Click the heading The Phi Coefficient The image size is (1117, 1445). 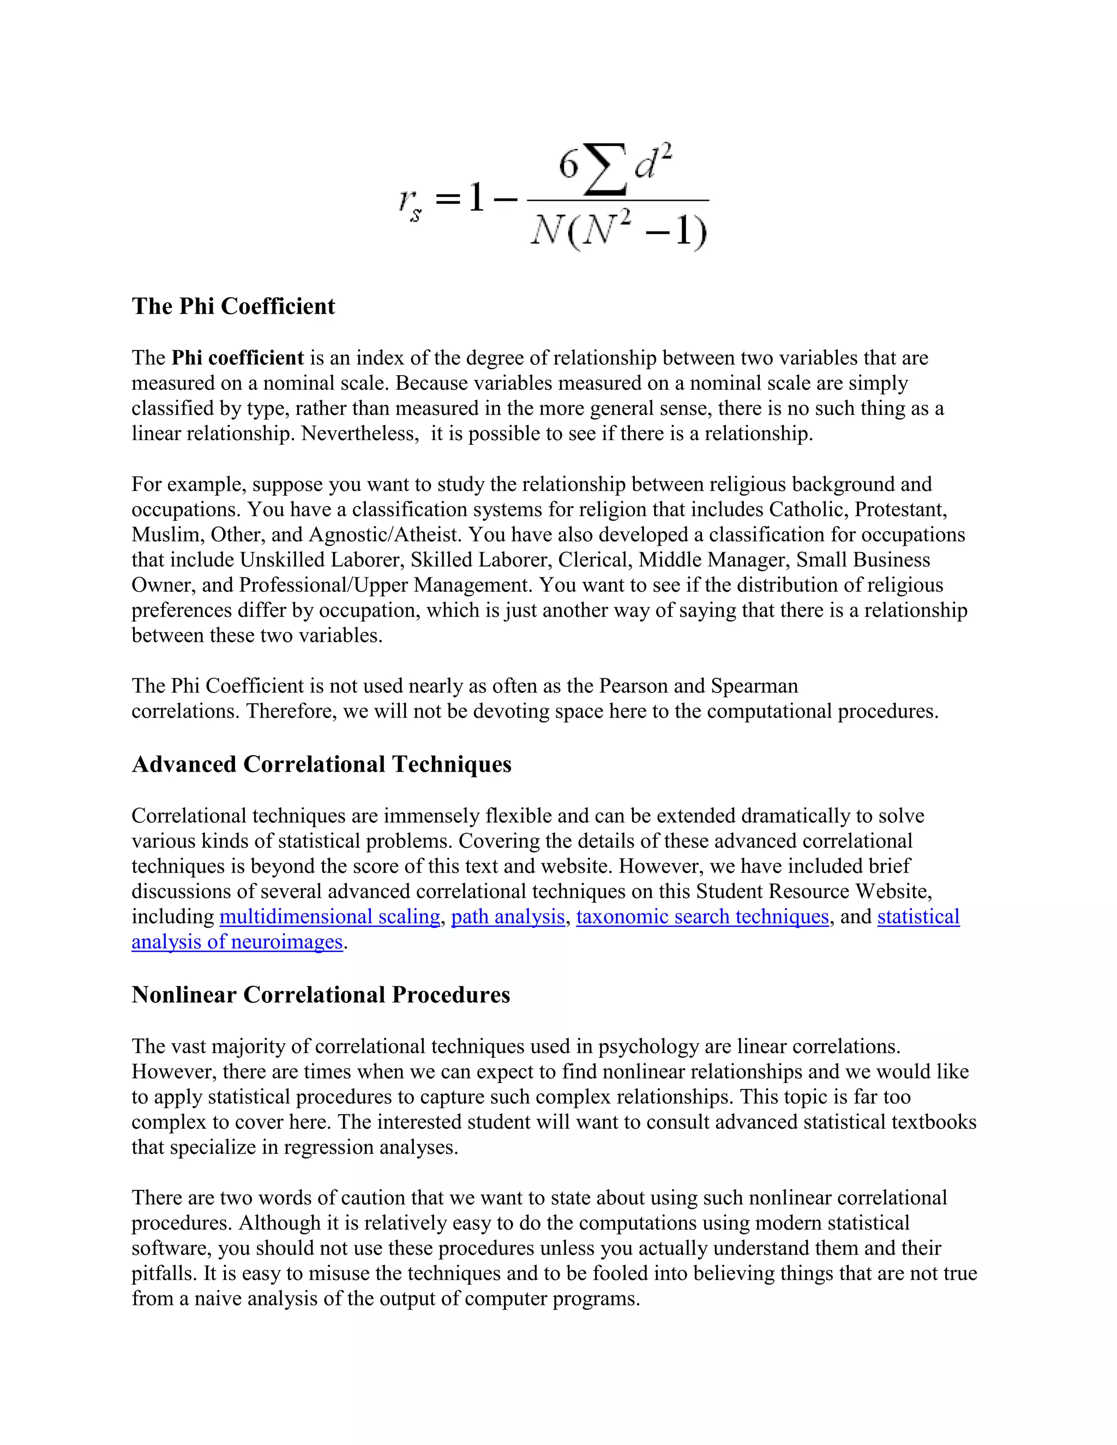[233, 306]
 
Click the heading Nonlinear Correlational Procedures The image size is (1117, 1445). [320, 995]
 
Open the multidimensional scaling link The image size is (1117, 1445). [329, 917]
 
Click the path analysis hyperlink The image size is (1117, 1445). [508, 917]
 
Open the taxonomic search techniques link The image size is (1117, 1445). [702, 917]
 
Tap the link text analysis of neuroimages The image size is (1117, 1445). [237, 942]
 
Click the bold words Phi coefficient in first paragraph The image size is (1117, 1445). [238, 358]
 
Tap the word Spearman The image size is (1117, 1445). [754, 685]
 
